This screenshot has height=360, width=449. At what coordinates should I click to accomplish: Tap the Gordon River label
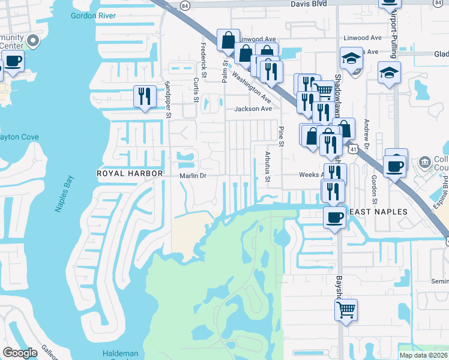(x=93, y=16)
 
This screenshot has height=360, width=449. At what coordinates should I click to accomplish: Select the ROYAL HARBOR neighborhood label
(x=130, y=173)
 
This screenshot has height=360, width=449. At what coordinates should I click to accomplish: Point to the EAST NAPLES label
(x=378, y=212)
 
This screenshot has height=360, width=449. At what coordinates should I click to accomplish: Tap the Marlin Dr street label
(x=193, y=176)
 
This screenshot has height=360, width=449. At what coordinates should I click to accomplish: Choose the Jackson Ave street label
(x=253, y=109)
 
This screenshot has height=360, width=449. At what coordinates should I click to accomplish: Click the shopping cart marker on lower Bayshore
(x=346, y=310)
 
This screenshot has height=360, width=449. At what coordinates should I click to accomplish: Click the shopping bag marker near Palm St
(x=228, y=40)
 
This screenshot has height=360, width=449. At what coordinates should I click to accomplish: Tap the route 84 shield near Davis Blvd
(x=185, y=5)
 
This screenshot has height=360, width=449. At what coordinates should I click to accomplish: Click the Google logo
(x=20, y=353)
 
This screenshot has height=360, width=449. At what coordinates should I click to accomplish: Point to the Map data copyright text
(x=423, y=355)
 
